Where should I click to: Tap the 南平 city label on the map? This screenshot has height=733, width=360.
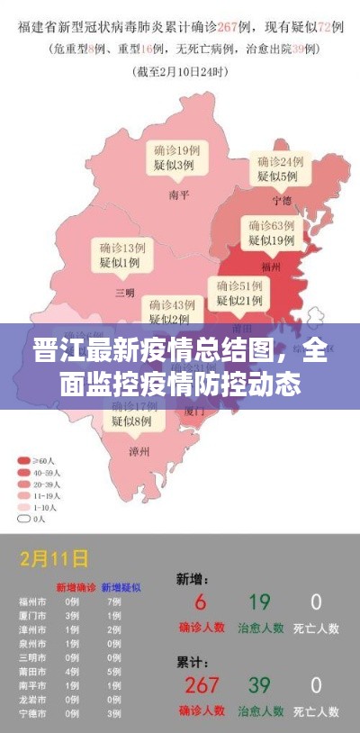(x=178, y=192)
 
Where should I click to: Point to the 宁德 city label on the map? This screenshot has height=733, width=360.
(x=283, y=200)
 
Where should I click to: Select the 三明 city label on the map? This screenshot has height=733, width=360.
(x=124, y=292)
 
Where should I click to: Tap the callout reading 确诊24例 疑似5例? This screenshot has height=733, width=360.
(x=278, y=168)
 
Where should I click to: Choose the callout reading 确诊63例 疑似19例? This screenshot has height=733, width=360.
(x=272, y=232)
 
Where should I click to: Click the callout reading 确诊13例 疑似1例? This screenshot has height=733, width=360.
(x=120, y=255)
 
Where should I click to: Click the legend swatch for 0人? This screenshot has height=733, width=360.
(x=24, y=519)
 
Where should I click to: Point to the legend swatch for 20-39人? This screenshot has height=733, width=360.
(x=24, y=484)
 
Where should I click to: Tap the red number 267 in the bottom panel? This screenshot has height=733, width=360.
(x=202, y=686)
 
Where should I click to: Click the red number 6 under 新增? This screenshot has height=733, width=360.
(x=201, y=602)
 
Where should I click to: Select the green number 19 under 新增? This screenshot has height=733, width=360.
(x=259, y=602)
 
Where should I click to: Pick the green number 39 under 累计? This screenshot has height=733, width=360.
(x=259, y=686)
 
